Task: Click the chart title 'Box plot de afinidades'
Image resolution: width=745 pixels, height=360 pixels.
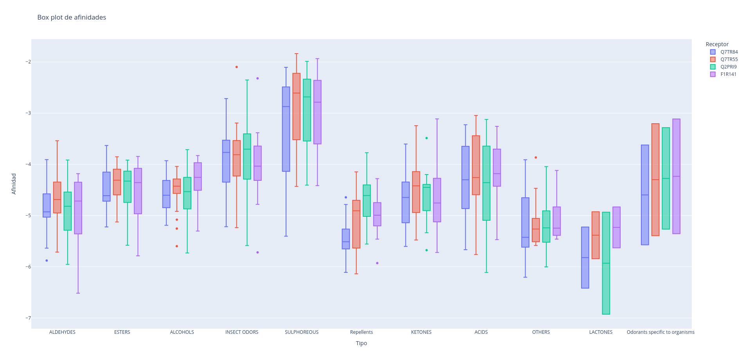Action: pos(72,17)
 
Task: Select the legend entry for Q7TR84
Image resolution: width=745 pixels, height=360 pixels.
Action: pos(729,52)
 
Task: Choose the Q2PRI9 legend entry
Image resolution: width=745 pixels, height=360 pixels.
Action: pos(728,67)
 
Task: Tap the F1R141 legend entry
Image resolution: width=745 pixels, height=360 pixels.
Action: pos(728,74)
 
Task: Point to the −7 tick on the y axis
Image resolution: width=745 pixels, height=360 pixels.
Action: pos(28,318)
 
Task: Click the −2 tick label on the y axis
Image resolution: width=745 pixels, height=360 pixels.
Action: pos(28,62)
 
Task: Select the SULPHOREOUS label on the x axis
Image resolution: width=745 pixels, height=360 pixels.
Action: pos(301,332)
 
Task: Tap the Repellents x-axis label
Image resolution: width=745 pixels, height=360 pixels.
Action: pos(361,332)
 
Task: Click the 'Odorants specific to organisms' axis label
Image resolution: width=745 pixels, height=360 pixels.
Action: pos(660,332)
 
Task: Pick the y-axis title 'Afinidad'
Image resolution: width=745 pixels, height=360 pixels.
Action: pos(14,184)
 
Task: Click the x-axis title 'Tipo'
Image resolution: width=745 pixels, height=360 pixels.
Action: pos(361,343)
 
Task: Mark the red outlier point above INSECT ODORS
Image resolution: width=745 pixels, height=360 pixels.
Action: pos(237,67)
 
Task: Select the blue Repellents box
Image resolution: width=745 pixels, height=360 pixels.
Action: pos(346,239)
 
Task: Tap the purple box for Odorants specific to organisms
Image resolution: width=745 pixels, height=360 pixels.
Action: pos(677,176)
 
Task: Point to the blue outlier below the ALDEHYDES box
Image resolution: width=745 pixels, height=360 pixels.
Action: pos(47,261)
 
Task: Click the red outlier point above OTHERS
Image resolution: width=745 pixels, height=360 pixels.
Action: pos(536,158)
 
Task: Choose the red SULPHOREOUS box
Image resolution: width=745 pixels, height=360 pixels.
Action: pos(297,106)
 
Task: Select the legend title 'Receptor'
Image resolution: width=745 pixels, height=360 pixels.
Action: pos(717,44)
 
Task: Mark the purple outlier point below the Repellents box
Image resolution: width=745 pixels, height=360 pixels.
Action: pos(377,263)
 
